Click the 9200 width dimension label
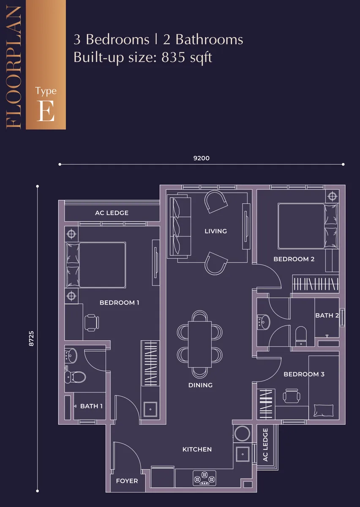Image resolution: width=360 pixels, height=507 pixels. pos(201,158)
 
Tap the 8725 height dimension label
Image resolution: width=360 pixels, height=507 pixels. pos(31,338)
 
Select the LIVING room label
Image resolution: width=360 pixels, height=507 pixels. pos(215,231)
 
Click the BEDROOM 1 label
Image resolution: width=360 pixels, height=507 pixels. pos(119,303)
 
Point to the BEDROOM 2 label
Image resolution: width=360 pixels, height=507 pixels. pos(294,259)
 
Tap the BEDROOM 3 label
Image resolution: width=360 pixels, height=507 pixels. pos(304,374)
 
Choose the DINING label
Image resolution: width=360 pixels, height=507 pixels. pos(200,385)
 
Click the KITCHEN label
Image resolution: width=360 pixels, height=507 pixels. pos(197,449)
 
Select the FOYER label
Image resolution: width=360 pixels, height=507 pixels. pos(127,481)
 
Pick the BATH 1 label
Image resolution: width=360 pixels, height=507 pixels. pos(91,406)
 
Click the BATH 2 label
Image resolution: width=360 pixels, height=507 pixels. pos(327,315)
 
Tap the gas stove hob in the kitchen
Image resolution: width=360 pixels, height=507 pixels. pos(204,478)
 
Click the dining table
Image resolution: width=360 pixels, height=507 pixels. pos(200,344)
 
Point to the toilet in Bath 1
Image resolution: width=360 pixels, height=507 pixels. pos(75,377)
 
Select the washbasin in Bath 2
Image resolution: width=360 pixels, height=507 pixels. pos(264,322)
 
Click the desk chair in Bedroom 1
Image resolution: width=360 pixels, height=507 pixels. pos(92,322)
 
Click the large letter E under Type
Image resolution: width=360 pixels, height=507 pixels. pos(46,111)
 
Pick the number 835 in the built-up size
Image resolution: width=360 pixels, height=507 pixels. pos(173,57)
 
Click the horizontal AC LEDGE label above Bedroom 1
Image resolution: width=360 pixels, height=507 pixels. pos(112,213)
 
